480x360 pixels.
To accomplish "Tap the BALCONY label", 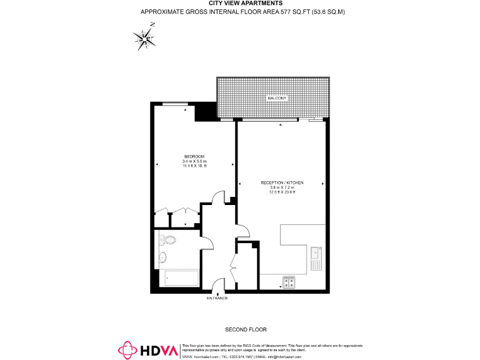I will coord(277,99).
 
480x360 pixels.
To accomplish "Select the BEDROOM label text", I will coord(194,156).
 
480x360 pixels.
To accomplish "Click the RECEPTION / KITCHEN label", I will coord(282,182).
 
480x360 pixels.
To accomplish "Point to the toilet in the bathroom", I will coord(168,239).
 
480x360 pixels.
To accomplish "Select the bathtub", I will coord(180,279).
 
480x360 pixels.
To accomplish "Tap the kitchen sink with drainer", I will coord(316,258).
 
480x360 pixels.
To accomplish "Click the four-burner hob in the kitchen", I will coord(289,282).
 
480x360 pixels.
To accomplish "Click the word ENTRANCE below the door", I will coord(217,298).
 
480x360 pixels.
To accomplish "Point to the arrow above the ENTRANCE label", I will coord(217,292).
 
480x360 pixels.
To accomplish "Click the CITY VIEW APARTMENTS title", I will coord(241,4).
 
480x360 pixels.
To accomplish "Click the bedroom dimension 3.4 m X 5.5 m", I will coord(194,161).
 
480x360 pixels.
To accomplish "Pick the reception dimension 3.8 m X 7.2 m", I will coord(282,187).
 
